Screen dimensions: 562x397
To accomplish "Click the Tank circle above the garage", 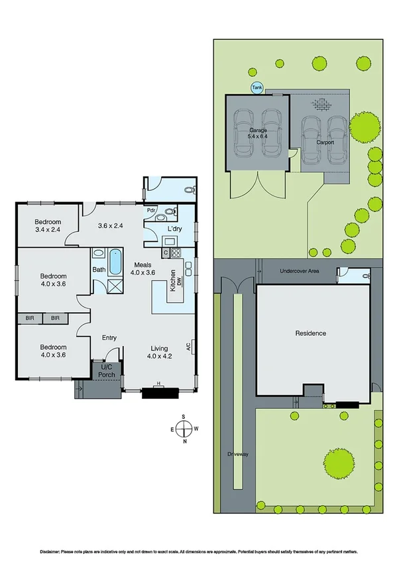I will pos(256,87).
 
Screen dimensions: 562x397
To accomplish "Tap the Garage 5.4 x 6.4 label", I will pos(257,133).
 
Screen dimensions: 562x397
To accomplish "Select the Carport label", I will pos(324,142).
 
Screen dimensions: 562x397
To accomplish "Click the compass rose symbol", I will pos(185,428).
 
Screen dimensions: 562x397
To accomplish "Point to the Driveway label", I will pos(237,454).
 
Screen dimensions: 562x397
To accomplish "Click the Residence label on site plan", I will pos(311,333).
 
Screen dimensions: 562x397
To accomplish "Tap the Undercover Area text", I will pos(300,271).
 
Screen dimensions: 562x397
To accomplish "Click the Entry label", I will pos(109,338).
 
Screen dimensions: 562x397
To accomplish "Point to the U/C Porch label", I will pos(107,370).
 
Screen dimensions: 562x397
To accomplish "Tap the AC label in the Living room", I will pos(189,346).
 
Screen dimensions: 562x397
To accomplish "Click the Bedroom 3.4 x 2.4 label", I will pos(48,226).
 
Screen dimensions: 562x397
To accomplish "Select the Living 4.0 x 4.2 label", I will pos(158,353).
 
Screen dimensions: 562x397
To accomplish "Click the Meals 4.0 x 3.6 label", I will pos(142,268).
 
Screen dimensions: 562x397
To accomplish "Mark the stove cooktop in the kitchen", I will pos(177,253).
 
